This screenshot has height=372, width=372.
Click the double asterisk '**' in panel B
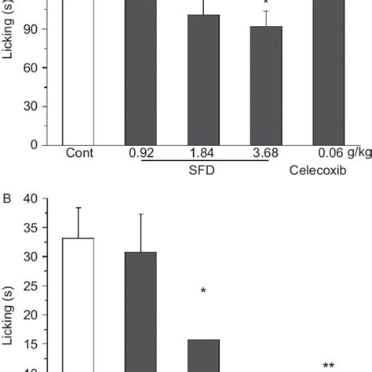pos(329,365)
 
